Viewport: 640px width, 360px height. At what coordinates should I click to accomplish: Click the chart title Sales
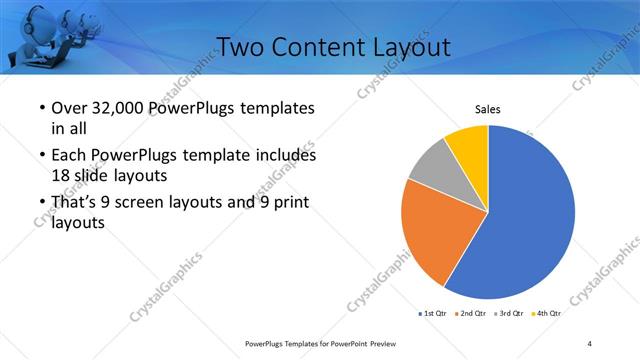coord(487,109)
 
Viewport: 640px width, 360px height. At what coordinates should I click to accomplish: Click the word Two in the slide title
coord(241,47)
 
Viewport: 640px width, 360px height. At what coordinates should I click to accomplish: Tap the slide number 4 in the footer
coord(590,344)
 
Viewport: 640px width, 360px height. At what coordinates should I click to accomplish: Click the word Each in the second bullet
coord(72,155)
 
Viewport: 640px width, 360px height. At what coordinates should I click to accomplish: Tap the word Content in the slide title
coord(316,47)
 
